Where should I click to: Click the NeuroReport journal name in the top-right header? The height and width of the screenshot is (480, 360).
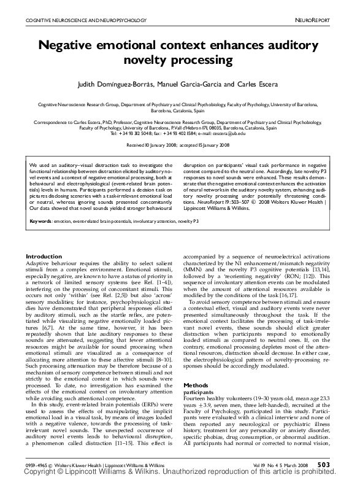point(331,21)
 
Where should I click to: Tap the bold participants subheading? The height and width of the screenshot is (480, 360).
point(199,391)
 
